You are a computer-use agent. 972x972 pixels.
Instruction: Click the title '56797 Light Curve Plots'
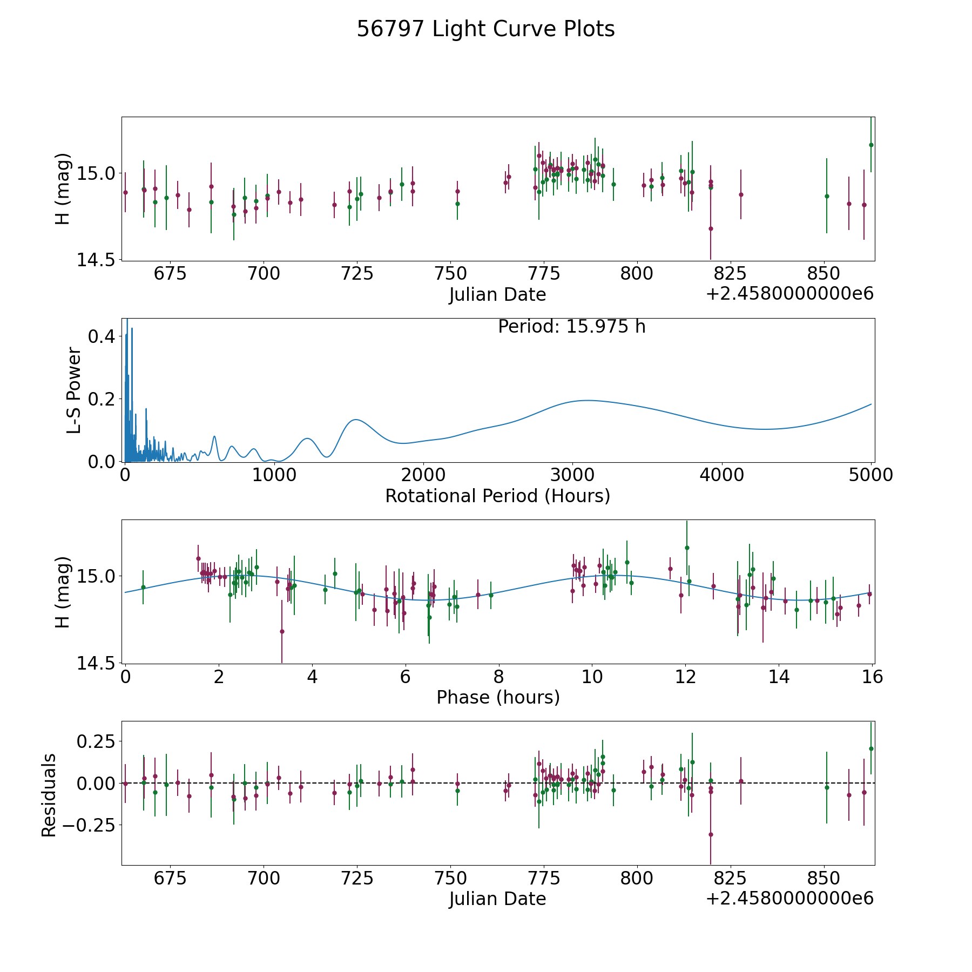pos(485,29)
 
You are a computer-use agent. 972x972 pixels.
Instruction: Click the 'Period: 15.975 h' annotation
pos(571,327)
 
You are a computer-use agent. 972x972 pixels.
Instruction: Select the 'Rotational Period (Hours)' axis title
pos(497,496)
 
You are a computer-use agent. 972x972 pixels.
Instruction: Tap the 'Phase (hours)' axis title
pos(498,697)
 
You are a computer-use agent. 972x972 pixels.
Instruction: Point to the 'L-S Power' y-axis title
pos(74,390)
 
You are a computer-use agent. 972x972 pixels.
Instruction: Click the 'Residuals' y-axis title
pos(49,795)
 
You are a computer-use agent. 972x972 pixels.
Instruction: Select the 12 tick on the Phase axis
pos(685,676)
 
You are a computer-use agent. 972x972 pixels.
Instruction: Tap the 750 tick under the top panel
pos(450,273)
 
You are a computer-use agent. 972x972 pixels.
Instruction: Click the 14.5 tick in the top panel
pos(96,260)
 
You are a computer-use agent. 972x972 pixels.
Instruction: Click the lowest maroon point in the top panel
pos(711,228)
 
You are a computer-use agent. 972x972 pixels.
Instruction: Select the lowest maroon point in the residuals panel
pos(711,834)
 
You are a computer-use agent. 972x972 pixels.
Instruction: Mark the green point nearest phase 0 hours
pos(143,587)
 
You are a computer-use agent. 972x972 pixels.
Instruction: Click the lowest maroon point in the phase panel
pos(282,631)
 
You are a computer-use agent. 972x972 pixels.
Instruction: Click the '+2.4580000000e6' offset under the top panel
pos(789,294)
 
